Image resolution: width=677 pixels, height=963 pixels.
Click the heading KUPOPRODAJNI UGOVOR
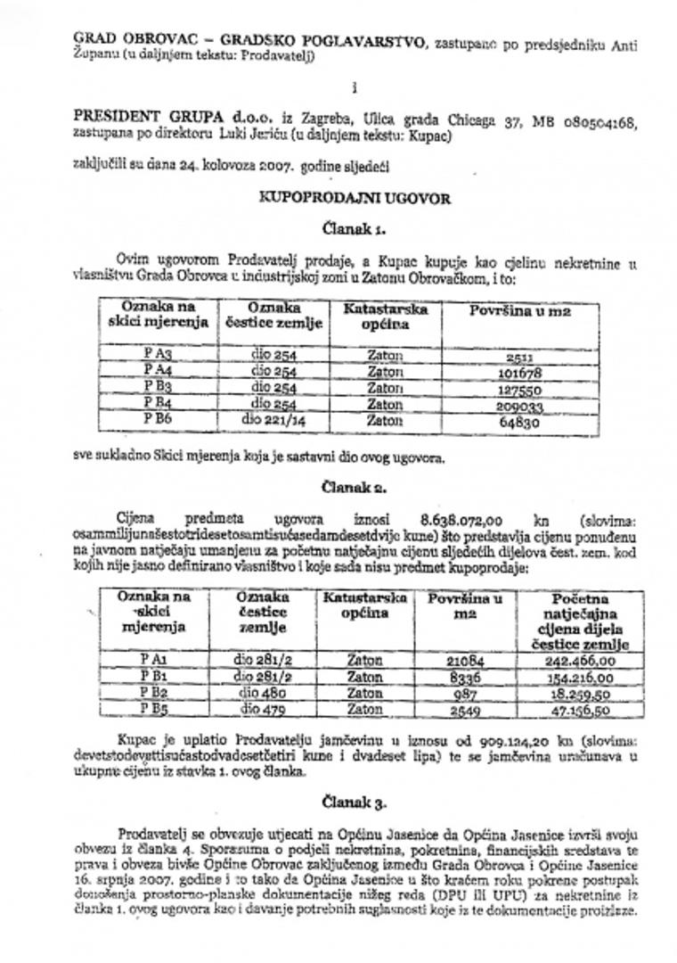(x=354, y=198)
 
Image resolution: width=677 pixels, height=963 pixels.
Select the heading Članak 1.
(x=354, y=228)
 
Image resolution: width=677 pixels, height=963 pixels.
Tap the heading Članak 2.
(x=354, y=488)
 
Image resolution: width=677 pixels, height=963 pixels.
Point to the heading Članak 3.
(x=354, y=802)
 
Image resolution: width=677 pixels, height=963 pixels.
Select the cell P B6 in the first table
(x=157, y=419)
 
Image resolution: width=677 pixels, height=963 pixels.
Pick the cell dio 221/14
(x=273, y=419)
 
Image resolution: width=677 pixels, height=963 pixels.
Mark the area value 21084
(x=464, y=661)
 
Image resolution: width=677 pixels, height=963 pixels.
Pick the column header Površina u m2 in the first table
(x=519, y=311)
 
